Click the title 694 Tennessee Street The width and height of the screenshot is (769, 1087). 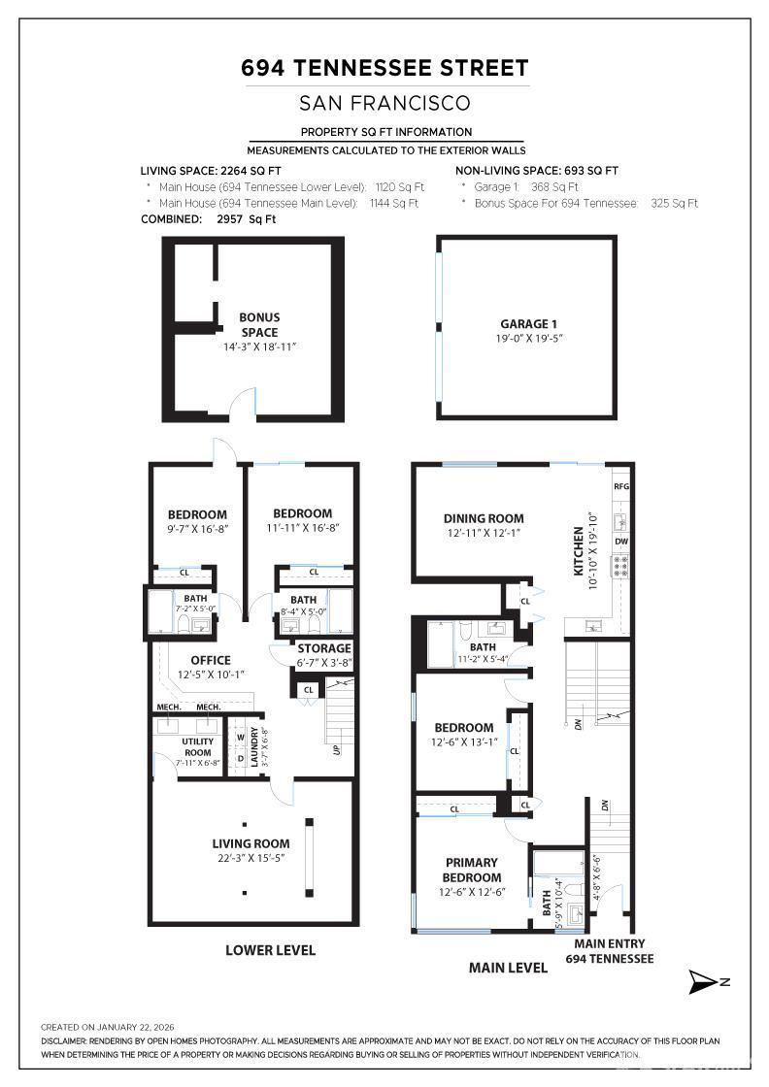pos(384,68)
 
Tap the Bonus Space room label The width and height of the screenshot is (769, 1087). pos(259,324)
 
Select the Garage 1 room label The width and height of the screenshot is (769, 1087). pos(529,324)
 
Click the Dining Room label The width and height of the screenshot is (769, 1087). pos(484,518)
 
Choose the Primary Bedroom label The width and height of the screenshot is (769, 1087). pos(471,870)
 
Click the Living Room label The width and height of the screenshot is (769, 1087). pos(251,843)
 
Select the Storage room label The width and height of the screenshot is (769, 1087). pos(323,648)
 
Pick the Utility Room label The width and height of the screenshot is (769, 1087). pos(197,746)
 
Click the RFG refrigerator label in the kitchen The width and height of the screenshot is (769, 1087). pos(621,485)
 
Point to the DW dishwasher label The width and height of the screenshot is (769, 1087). pos(621,542)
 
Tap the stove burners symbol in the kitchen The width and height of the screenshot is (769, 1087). pos(620,567)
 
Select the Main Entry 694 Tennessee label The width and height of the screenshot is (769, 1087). pos(610,951)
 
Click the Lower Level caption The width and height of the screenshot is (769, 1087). pos(270,950)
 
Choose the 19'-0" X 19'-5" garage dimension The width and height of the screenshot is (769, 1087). pos(529,339)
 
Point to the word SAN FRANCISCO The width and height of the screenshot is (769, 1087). pos(384,103)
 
